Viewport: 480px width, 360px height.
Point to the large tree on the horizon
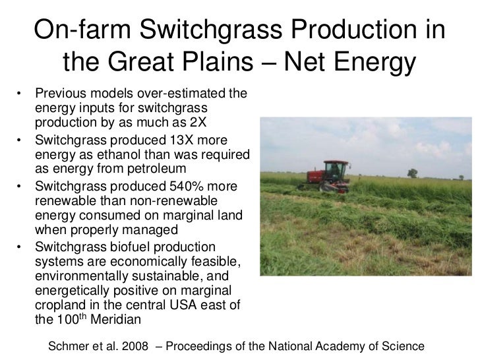click(x=412, y=173)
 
